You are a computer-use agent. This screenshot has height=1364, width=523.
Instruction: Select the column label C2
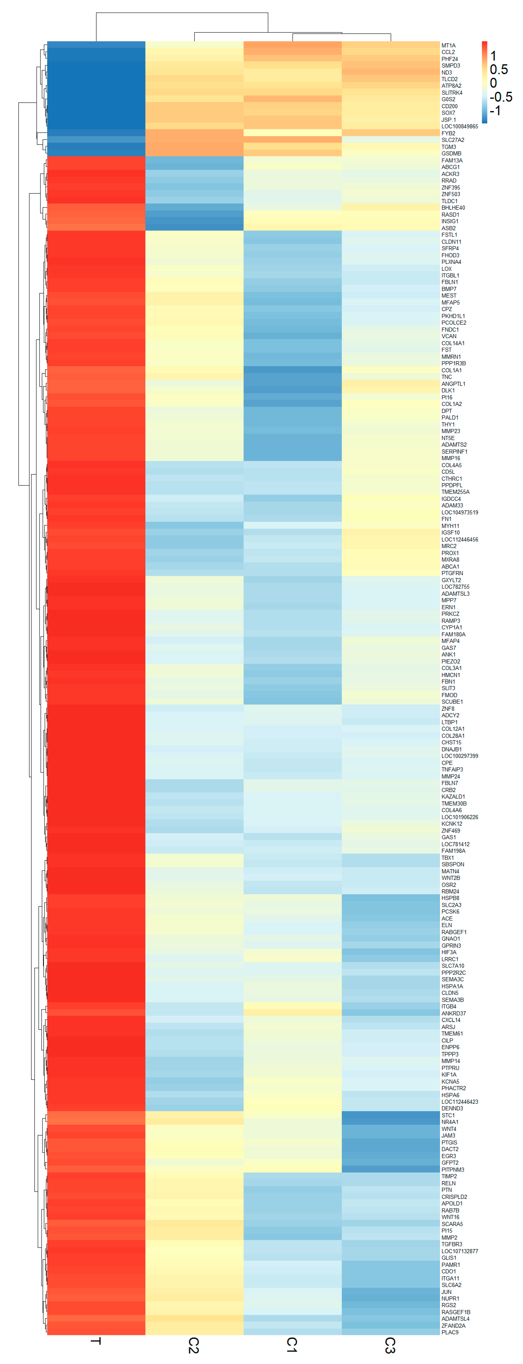tap(194, 1345)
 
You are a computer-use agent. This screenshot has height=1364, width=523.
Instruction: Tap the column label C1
tap(292, 1345)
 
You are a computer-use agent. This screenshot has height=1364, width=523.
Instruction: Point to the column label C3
tap(390, 1345)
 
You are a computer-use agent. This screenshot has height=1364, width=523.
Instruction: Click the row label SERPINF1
tap(454, 452)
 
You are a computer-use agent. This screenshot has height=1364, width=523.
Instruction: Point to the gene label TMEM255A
tap(455, 492)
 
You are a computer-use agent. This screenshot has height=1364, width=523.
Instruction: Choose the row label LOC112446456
tap(459, 540)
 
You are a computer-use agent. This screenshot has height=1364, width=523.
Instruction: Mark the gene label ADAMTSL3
tap(455, 594)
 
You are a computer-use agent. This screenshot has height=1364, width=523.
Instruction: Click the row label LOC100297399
tap(459, 756)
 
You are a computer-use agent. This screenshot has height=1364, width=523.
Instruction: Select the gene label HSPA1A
tap(452, 986)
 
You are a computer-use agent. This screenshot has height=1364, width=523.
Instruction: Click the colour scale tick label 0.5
tap(499, 69)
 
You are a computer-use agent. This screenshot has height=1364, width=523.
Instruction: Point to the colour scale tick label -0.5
tap(501, 97)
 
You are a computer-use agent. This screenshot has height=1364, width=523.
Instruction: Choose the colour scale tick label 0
tap(493, 83)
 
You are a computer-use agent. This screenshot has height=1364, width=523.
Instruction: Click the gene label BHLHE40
tap(453, 207)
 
